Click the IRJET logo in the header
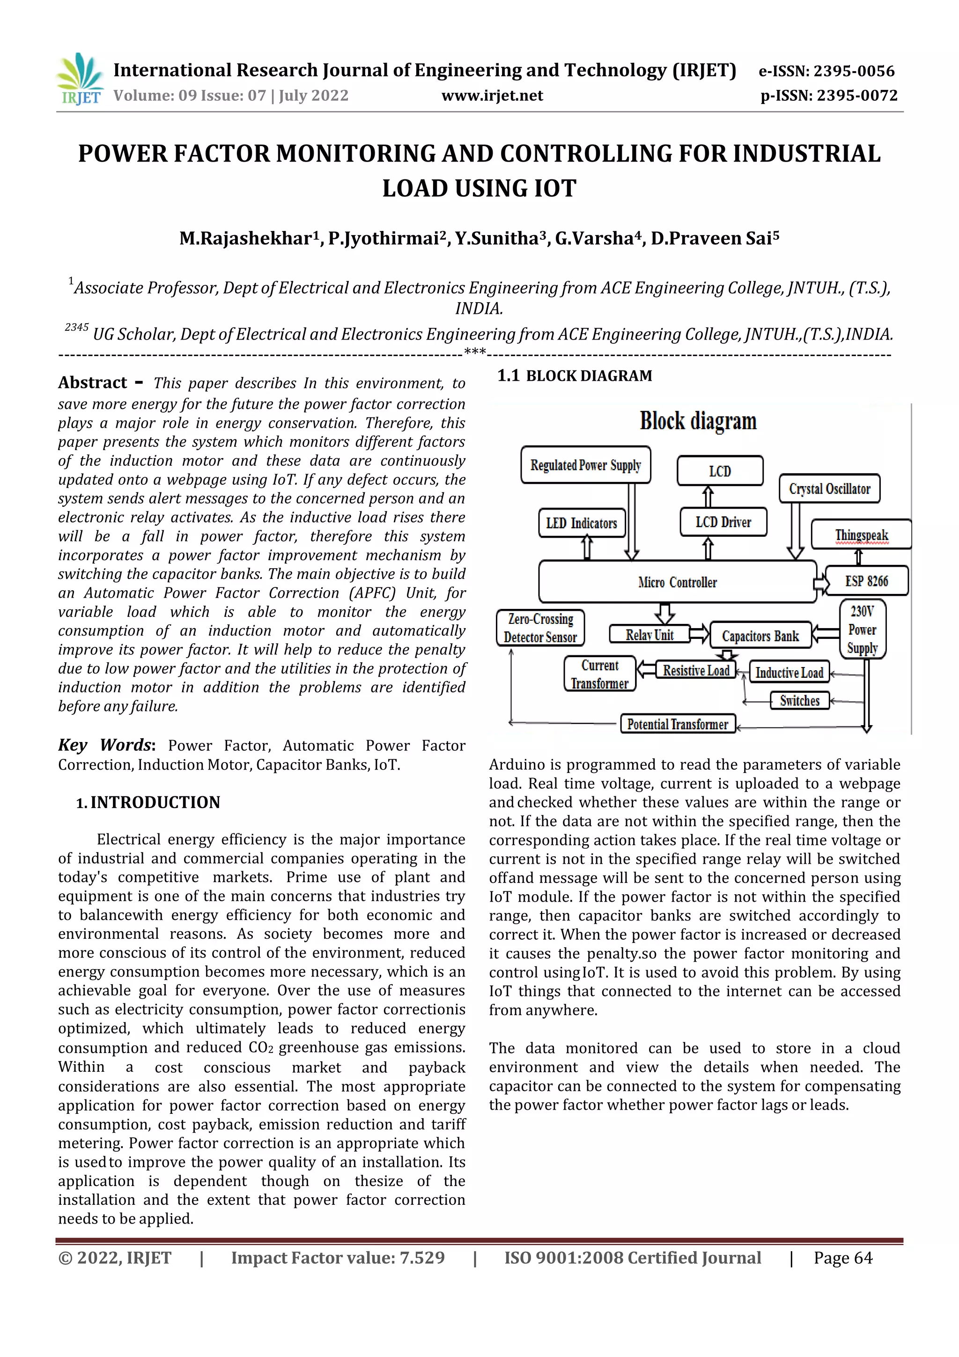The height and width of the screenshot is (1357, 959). point(79,79)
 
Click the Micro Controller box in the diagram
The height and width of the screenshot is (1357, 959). point(677,582)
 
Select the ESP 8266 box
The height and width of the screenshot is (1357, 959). point(866,581)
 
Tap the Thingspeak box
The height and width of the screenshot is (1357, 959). point(861,534)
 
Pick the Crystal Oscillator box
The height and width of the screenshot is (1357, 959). point(829,489)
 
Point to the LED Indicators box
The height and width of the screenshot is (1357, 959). point(582,523)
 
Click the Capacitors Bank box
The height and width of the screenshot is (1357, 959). point(760,636)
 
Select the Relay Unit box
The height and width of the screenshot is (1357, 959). point(649,635)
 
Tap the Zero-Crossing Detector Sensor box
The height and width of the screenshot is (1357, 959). point(540,628)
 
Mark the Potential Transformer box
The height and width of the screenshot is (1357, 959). point(677,724)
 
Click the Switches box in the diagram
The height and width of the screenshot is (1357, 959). point(799,701)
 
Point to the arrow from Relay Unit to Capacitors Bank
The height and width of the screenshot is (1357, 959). point(700,634)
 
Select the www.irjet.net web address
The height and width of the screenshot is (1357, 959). point(492,96)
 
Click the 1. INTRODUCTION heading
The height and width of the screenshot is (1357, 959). point(148,802)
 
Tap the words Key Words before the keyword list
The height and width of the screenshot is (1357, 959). point(106,745)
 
